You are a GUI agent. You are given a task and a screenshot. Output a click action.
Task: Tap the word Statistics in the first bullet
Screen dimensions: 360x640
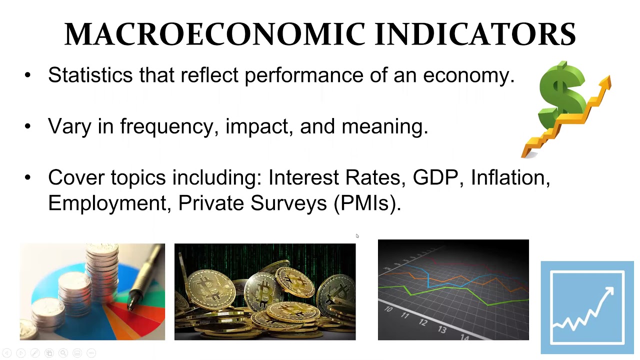[x=90, y=75]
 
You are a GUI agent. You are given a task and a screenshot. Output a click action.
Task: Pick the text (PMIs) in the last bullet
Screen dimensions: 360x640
[x=367, y=203]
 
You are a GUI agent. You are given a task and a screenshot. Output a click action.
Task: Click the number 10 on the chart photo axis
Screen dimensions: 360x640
[x=388, y=309]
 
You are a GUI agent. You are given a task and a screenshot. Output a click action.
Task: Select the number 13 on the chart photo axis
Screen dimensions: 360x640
[x=442, y=329]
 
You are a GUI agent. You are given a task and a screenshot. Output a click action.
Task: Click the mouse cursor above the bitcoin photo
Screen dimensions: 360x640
[x=357, y=236]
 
